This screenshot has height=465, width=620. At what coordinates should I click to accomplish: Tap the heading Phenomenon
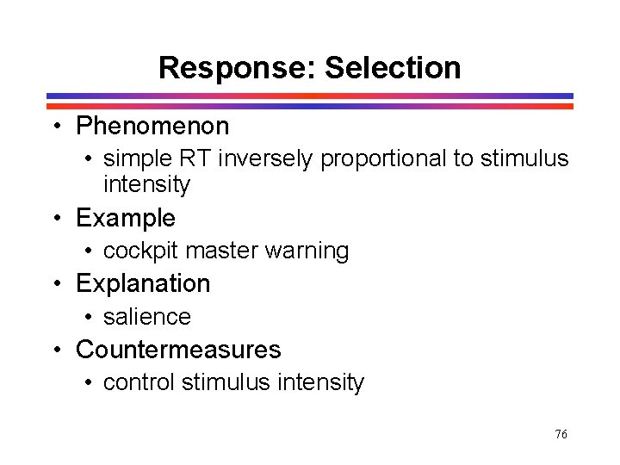tap(152, 127)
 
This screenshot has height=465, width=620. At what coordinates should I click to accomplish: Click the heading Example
tap(125, 219)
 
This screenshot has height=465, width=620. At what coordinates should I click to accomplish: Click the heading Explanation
tap(143, 284)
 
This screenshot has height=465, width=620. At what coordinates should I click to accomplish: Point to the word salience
tap(146, 317)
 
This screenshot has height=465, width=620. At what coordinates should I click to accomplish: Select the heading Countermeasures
tap(178, 350)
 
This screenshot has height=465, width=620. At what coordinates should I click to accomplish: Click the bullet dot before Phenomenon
tap(57, 127)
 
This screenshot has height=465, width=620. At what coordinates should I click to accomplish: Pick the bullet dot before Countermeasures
tap(57, 350)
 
